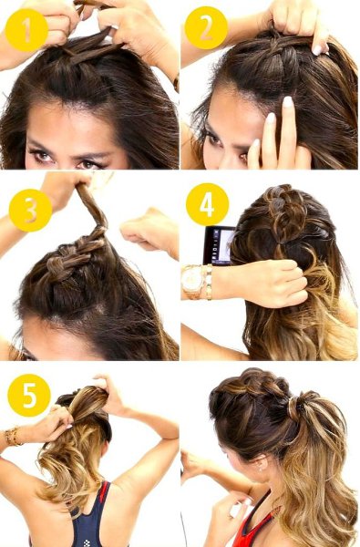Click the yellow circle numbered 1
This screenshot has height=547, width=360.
(x=26, y=30)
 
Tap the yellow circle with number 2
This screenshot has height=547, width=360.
(x=206, y=28)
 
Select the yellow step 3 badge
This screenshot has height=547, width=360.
(x=30, y=211)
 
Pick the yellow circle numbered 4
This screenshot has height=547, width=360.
(x=207, y=205)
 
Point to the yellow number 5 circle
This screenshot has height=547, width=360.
(x=29, y=396)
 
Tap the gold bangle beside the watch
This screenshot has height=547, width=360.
(x=209, y=283)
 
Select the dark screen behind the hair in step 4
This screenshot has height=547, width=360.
(x=219, y=245)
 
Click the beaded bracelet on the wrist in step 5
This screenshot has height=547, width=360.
(x=13, y=436)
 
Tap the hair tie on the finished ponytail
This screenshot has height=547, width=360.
(x=293, y=408)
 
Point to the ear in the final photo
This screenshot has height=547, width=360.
(x=260, y=463)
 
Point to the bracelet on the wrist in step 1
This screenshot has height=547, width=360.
(x=176, y=82)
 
